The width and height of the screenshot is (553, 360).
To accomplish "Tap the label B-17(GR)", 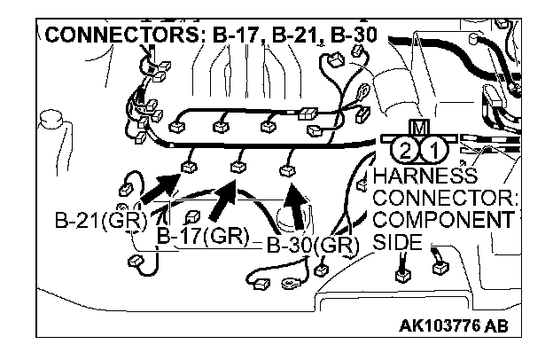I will pos(202,235).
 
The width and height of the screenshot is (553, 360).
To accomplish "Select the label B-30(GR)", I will pos(313,246).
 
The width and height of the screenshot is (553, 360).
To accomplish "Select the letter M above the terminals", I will pos(418,127).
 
